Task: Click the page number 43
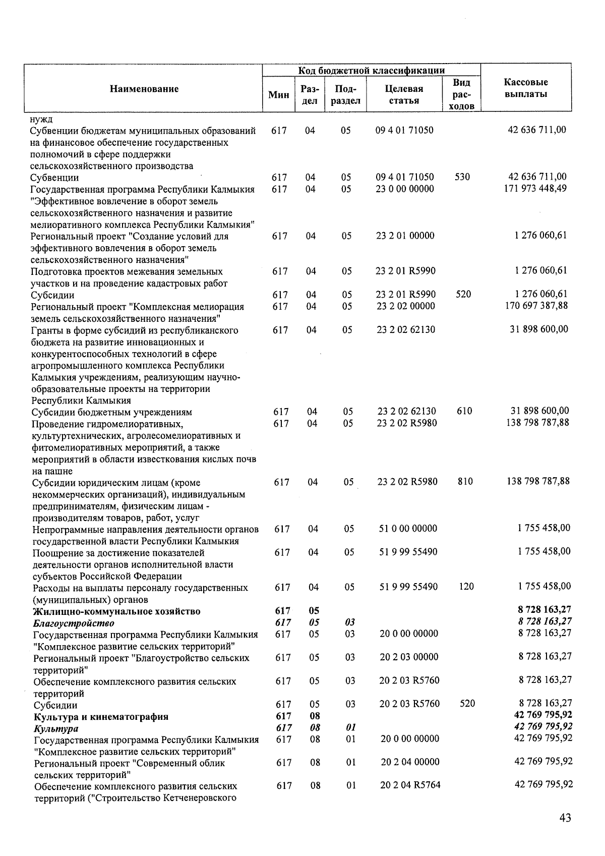[x=565, y=818]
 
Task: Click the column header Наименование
[x=144, y=89]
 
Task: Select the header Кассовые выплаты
[x=526, y=88]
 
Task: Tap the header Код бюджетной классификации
[x=371, y=70]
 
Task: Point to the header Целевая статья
[x=404, y=94]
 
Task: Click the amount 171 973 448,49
[x=535, y=188]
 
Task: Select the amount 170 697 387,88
[x=536, y=306]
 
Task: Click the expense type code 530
[x=461, y=177]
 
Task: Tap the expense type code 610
[x=464, y=411]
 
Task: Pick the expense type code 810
[x=465, y=481]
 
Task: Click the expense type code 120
[x=466, y=587]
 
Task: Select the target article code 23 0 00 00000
[x=404, y=189]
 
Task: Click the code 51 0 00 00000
[x=407, y=529]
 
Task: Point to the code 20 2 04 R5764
[x=410, y=785]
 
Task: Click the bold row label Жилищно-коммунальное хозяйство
[x=116, y=611]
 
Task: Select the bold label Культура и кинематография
[x=101, y=717]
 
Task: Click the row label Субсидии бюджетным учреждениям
[x=111, y=412]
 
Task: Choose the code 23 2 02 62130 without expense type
[x=406, y=329]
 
